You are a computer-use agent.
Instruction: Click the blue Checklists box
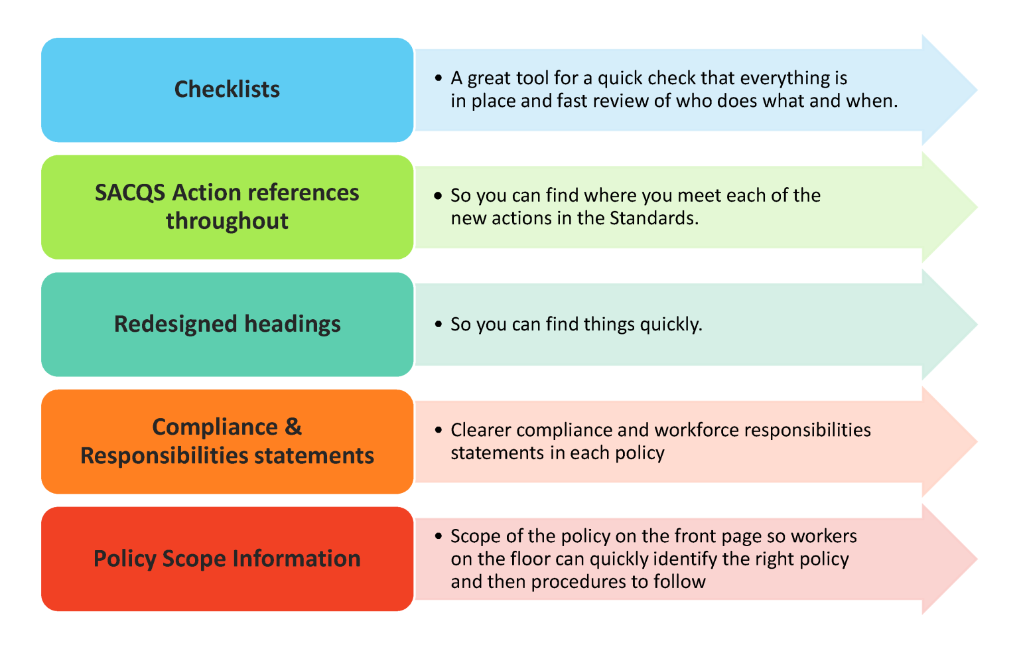227,90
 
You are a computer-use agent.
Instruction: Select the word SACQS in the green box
130,193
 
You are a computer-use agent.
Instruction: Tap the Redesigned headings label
227,324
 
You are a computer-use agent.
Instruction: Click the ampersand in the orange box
293,427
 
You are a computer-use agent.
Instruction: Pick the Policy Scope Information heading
227,559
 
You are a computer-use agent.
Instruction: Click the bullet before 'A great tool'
438,78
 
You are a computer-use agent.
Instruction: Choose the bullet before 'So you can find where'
438,196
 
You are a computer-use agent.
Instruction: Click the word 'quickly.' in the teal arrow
671,325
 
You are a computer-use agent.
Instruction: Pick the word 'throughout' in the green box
227,221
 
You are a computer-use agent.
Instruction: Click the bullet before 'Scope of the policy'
438,536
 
